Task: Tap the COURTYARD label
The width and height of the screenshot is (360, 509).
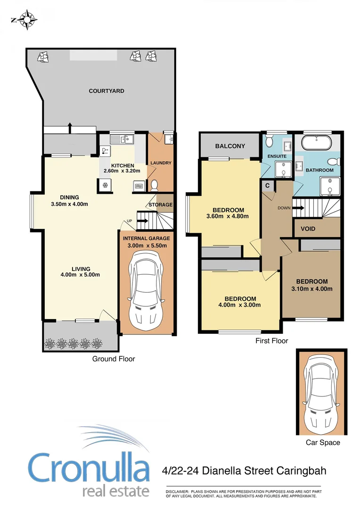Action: pos(106,91)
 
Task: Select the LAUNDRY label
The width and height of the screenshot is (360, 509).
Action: pos(161,164)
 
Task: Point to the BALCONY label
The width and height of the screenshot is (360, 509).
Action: pos(230,146)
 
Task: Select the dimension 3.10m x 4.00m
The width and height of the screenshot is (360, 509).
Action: pos(312,289)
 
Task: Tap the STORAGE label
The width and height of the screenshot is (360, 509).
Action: pos(161,205)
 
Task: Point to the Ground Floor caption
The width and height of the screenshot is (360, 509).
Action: pos(113,359)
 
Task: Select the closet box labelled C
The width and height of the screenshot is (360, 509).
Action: pos(267,185)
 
